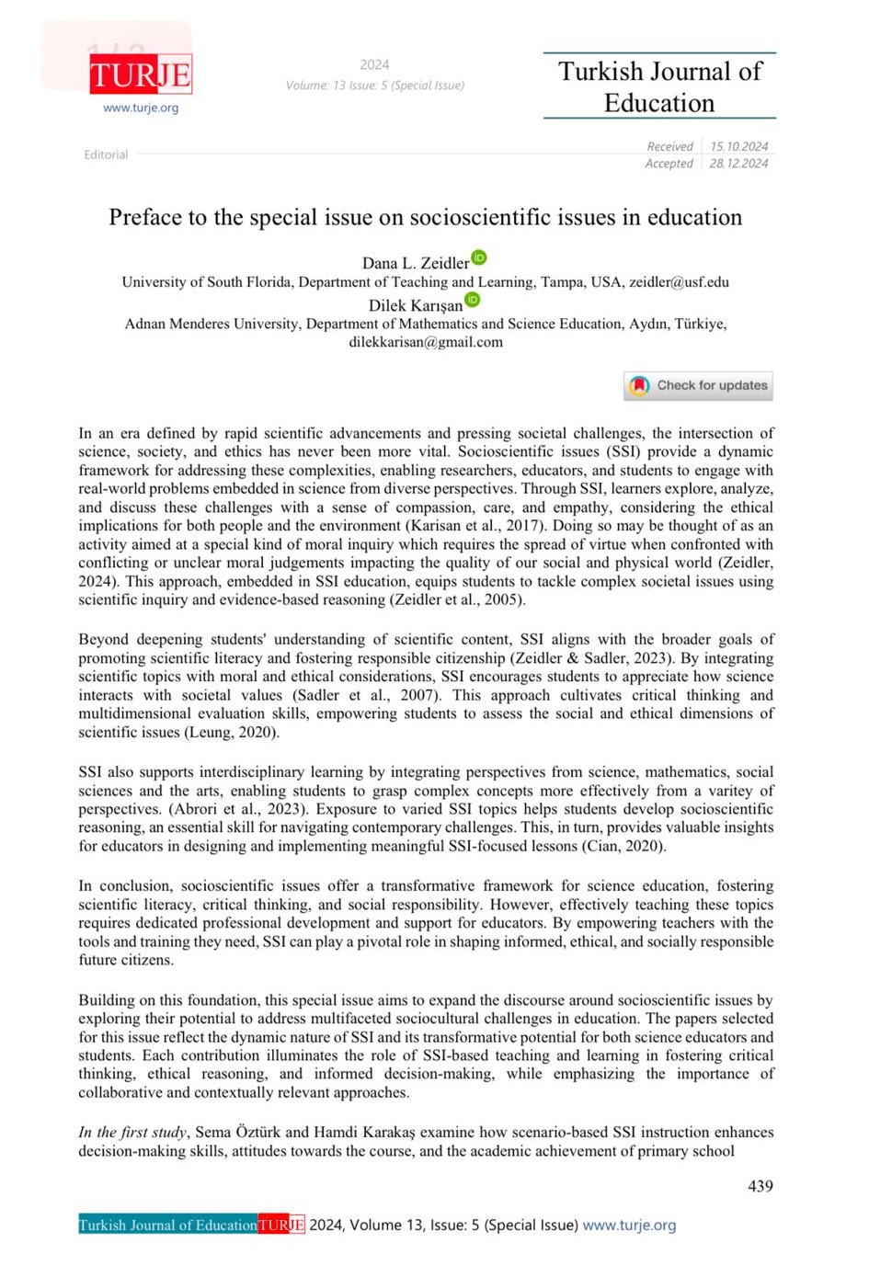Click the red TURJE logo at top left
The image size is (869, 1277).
click(x=141, y=74)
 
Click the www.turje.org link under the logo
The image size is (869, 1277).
click(x=141, y=108)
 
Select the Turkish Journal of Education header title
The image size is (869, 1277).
click(x=659, y=86)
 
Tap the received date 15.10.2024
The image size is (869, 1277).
click(x=738, y=146)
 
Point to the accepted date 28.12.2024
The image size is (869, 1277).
click(x=738, y=164)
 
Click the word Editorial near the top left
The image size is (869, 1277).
click(x=106, y=154)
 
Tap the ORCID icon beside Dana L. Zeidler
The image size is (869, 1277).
click(x=479, y=257)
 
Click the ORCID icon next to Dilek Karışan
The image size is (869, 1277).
click(x=473, y=300)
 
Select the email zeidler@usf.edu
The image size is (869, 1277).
click(x=679, y=282)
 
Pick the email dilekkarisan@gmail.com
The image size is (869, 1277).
click(x=426, y=342)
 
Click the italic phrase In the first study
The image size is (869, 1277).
click(x=132, y=1133)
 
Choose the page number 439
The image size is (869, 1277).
click(x=760, y=1186)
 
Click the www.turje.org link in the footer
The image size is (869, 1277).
click(x=629, y=1225)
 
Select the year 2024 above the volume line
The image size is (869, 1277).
click(x=374, y=64)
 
